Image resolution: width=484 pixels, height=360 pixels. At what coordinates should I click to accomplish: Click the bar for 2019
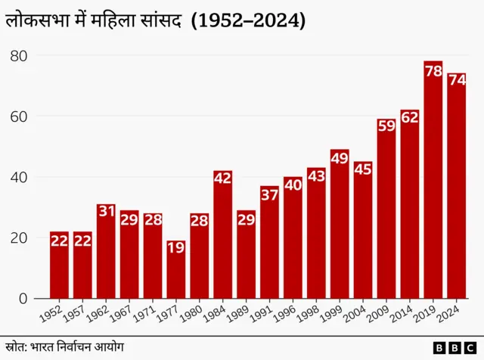pyautogui.click(x=433, y=182)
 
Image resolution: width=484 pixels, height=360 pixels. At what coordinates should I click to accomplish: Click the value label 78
pyautogui.click(x=433, y=71)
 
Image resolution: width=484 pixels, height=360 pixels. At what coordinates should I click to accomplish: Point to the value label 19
pyautogui.click(x=176, y=247)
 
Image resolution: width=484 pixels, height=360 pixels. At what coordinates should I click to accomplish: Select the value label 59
pyautogui.click(x=386, y=126)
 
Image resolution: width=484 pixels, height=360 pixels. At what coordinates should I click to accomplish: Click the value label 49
pyautogui.click(x=340, y=158)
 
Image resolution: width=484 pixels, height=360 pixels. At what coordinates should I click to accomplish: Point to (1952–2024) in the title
pyautogui.click(x=248, y=21)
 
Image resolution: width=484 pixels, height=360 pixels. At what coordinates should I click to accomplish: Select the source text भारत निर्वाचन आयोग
pyautogui.click(x=76, y=346)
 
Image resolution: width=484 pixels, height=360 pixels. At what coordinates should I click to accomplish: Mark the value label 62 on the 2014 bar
pyautogui.click(x=410, y=117)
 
